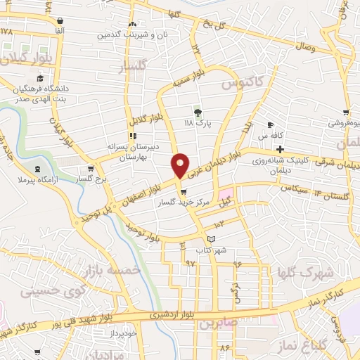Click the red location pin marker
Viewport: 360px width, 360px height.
(181, 165)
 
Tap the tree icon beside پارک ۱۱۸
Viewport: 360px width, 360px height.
(198, 112)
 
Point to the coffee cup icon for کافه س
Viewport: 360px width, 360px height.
(271, 125)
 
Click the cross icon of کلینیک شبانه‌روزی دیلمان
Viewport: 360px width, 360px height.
(281, 149)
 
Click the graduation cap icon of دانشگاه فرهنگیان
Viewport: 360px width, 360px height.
(40, 79)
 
